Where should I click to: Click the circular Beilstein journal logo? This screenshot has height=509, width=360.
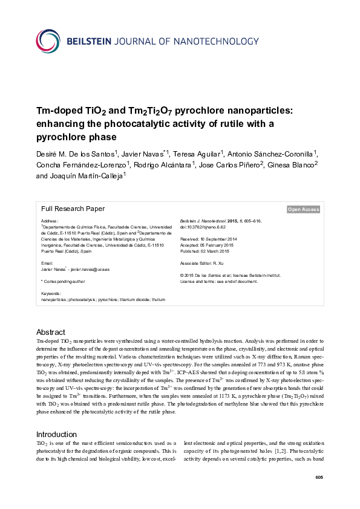click(48, 40)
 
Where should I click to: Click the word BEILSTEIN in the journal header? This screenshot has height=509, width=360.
click(92, 41)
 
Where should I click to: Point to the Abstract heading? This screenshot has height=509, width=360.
click(50, 332)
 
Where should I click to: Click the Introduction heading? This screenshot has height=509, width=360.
click(57, 434)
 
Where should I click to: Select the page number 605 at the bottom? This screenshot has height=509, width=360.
click(319, 478)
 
